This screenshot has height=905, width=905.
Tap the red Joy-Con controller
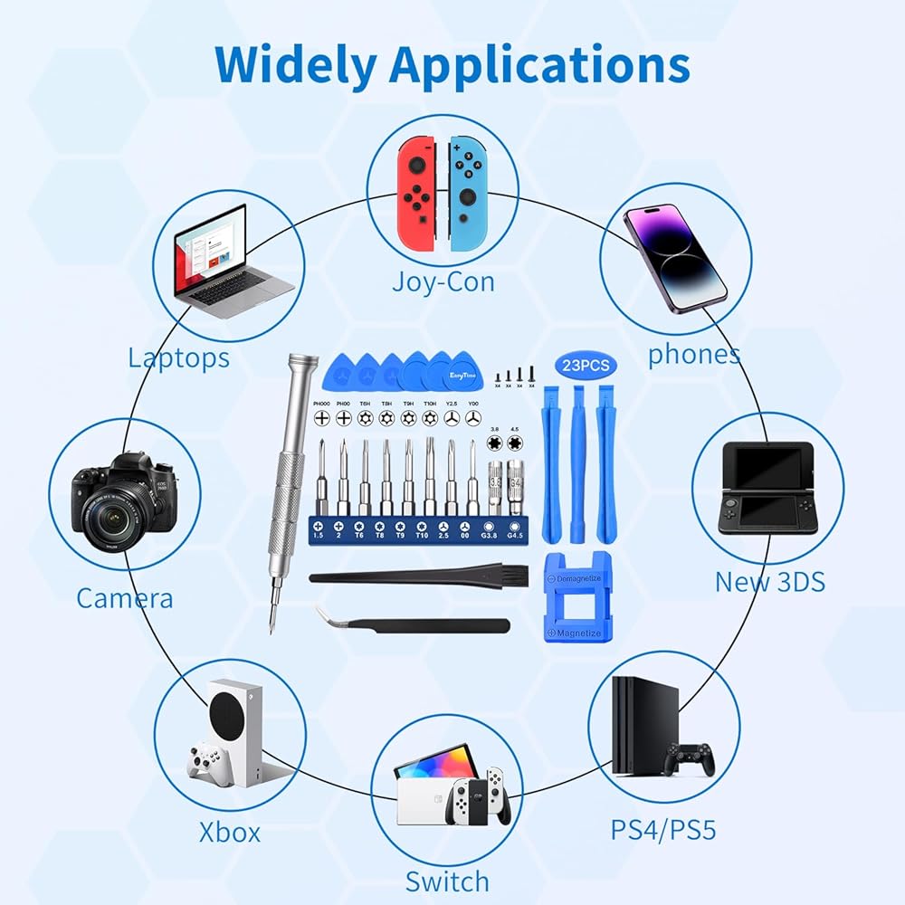pyautogui.click(x=417, y=194)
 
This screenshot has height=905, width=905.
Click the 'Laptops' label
pyautogui.click(x=178, y=357)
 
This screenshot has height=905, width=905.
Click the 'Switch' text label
pyautogui.click(x=447, y=881)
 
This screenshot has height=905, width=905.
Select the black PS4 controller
pyautogui.click(x=690, y=759)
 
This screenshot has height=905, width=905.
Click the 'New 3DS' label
pyautogui.click(x=770, y=581)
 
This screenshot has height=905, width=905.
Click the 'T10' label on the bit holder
pyautogui.click(x=422, y=535)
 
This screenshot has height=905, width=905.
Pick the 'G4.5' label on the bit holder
pyautogui.click(x=515, y=535)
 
